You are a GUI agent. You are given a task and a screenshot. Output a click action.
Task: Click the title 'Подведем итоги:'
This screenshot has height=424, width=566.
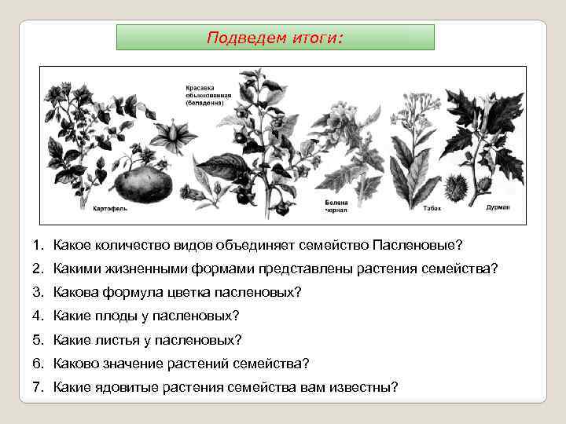[275, 37]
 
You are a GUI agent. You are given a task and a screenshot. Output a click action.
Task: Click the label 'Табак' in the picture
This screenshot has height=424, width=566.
[431, 210]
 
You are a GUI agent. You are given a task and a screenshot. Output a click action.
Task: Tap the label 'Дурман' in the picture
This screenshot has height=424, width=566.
[498, 207]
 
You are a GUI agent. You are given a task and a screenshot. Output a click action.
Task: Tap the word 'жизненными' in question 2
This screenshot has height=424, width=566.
[144, 269]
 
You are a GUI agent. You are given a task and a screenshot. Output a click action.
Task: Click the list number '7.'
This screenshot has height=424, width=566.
[39, 387]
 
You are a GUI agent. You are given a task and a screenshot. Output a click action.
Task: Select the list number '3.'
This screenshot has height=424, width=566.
[39, 293]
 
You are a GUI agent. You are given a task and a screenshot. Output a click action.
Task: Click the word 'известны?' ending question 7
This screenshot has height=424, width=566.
[372, 387]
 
